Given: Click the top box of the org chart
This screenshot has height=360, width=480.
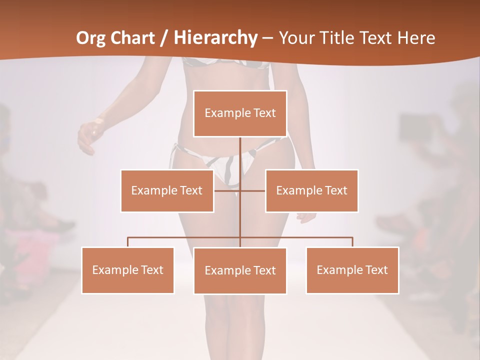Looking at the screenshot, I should click(240, 113).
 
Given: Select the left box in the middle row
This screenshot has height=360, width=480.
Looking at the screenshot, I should click(167, 190).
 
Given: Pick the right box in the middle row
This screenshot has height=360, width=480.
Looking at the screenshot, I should click(312, 190).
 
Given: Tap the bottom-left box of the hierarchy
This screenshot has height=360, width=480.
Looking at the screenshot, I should click(128, 270).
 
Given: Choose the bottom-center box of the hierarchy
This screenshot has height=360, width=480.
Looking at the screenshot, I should click(240, 270).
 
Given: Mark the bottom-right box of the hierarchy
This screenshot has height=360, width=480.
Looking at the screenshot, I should click(352, 270).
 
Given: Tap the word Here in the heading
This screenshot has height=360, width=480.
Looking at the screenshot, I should click(416, 38).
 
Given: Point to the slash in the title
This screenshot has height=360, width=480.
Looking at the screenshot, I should click(164, 38).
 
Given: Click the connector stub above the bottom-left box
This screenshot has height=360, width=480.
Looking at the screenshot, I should click(128, 242).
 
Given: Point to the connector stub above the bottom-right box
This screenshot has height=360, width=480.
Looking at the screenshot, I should click(352, 242).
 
